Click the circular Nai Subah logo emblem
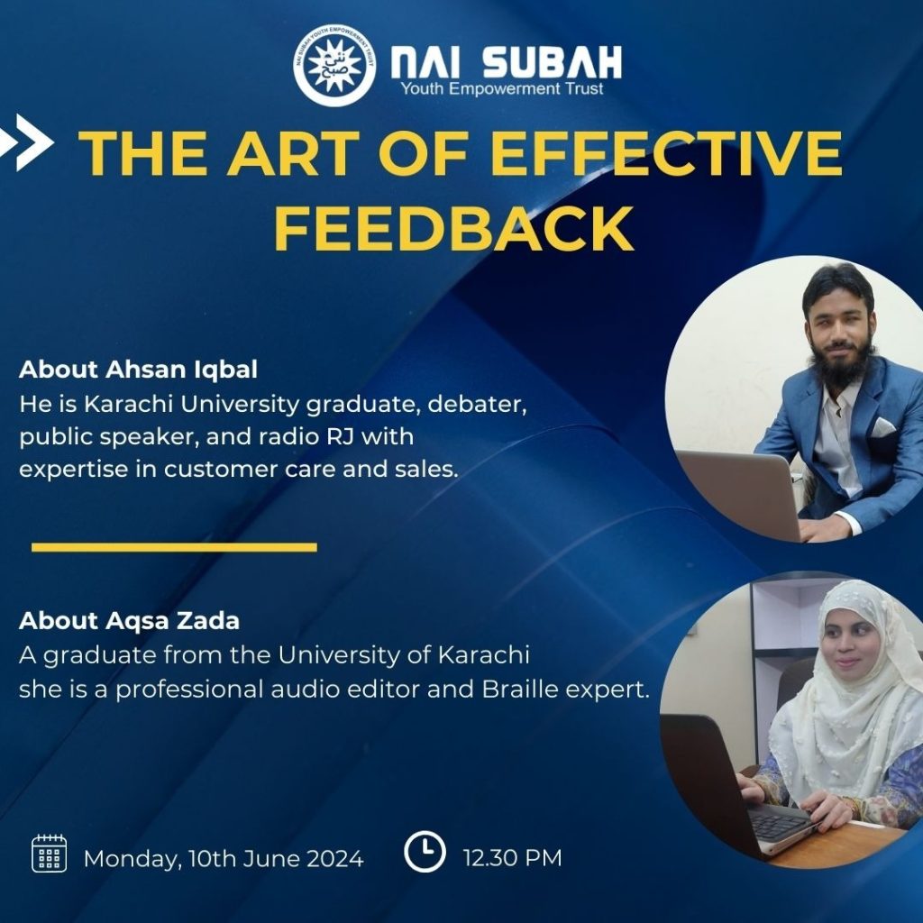click(x=334, y=65)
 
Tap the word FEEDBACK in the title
click(x=454, y=229)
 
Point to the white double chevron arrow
click(x=26, y=142)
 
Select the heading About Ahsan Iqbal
click(x=138, y=370)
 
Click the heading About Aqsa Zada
click(x=130, y=621)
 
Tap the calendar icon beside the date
click(x=49, y=853)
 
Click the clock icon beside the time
click(x=425, y=851)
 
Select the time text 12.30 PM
click(x=512, y=858)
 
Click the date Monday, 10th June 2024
click(x=224, y=859)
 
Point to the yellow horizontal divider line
click(x=174, y=547)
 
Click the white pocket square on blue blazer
click(x=882, y=426)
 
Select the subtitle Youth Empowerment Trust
click(x=502, y=89)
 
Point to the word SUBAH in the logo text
click(x=553, y=62)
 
